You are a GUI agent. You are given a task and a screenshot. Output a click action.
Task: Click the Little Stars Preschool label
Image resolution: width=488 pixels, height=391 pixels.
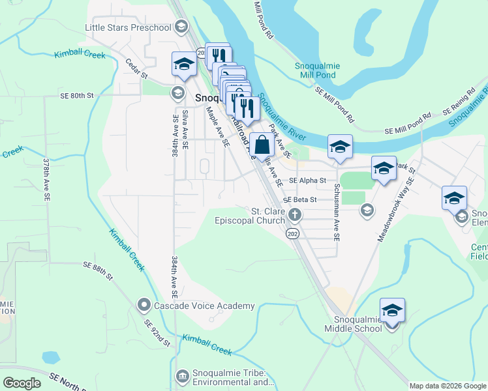point(128,27)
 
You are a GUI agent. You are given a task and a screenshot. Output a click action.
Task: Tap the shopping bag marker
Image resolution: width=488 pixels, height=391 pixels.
point(262,145)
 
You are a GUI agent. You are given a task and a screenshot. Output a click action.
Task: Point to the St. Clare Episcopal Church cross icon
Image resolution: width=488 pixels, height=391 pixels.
point(295,214)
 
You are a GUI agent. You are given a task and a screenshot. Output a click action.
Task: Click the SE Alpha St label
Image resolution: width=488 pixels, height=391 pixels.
point(307,180)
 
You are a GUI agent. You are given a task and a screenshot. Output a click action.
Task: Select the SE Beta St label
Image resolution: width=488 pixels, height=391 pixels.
point(300,199)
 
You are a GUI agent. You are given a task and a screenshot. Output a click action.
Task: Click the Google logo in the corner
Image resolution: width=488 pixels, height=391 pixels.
point(22,383)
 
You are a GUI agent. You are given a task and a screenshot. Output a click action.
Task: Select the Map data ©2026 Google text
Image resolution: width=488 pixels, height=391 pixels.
point(448,386)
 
